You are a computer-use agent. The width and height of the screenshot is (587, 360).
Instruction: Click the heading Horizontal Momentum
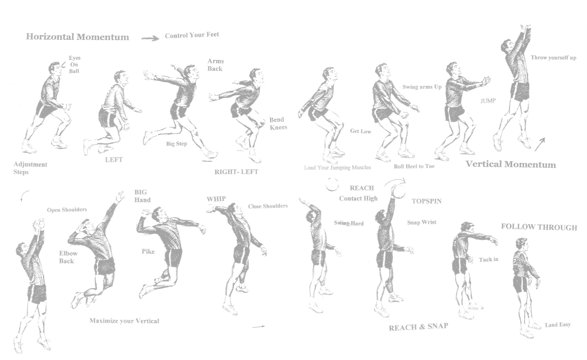(x=77, y=37)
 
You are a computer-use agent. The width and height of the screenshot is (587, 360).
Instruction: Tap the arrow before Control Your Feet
(x=150, y=38)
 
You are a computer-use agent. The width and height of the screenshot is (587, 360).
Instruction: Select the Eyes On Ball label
(x=74, y=65)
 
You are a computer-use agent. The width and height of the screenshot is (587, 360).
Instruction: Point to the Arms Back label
(x=215, y=65)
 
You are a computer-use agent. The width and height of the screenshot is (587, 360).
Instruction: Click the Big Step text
(x=176, y=144)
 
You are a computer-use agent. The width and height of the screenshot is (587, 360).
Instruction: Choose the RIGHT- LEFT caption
(x=236, y=172)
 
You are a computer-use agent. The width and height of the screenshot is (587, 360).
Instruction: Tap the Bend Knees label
(x=278, y=123)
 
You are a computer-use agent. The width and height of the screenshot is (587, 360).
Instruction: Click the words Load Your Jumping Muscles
(x=337, y=168)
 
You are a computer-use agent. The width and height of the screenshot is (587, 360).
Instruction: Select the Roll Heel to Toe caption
(x=414, y=166)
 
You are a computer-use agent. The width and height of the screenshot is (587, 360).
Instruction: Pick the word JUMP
(x=488, y=101)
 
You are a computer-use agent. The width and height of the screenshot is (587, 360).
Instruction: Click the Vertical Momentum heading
(x=510, y=164)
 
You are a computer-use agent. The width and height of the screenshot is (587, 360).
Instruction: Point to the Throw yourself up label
(x=553, y=58)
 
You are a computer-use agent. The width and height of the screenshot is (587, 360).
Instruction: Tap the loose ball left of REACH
(x=332, y=184)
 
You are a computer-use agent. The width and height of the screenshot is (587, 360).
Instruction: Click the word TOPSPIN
(x=426, y=201)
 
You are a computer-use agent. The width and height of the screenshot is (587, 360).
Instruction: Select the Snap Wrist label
(x=422, y=222)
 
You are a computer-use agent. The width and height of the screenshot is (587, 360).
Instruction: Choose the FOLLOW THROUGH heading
(x=539, y=227)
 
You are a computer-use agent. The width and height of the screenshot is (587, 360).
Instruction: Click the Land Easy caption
(x=558, y=325)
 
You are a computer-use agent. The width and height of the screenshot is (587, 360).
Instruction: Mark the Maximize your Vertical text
(x=124, y=321)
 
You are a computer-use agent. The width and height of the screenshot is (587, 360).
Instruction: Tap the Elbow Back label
(x=68, y=257)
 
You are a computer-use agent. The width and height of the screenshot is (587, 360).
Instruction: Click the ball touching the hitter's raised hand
(x=400, y=191)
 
